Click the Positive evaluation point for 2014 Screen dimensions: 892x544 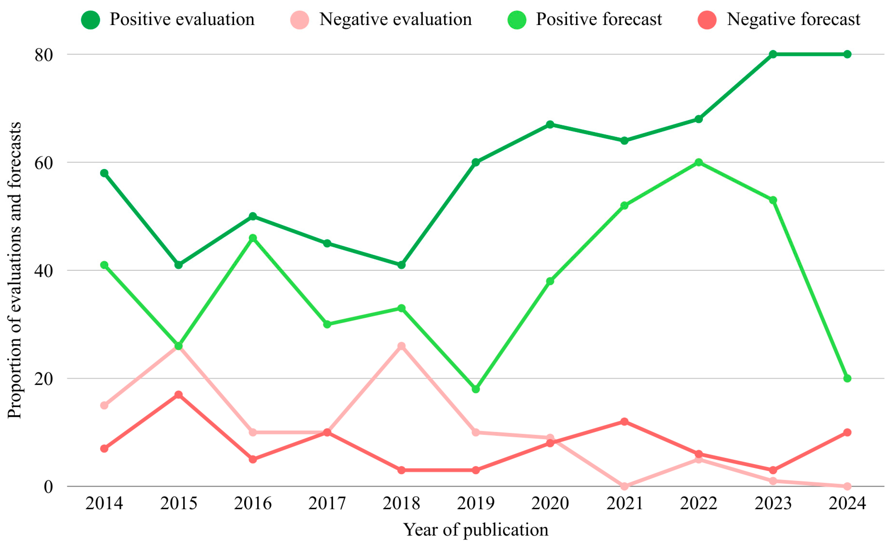[104, 173]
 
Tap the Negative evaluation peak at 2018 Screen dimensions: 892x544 [401, 346]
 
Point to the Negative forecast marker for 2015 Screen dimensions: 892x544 [178, 395]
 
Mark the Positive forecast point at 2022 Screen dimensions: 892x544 [699, 162]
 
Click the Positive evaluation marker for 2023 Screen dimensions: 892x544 [773, 54]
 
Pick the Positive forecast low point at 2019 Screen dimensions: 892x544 [476, 389]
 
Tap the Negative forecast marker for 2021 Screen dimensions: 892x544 [625, 422]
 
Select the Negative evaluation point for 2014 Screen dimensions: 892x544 [104, 405]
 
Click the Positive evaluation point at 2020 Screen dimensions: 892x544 [550, 125]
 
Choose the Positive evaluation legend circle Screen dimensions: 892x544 [91, 19]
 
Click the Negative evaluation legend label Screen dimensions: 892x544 [396, 19]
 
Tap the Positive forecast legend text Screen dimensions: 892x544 [599, 19]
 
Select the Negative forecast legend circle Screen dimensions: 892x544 [707, 19]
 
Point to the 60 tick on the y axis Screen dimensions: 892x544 [44, 163]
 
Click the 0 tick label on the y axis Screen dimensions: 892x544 [48, 487]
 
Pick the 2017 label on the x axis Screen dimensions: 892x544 [327, 503]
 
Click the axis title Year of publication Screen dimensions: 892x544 [476, 530]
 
